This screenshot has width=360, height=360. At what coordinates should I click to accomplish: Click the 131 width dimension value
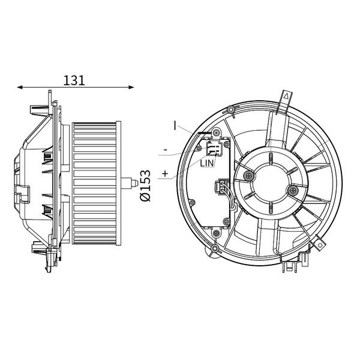click(74, 80)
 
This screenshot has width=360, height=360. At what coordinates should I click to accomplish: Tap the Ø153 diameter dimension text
click(145, 185)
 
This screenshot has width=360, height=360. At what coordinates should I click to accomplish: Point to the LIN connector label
click(207, 163)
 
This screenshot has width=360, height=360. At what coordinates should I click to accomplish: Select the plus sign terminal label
click(165, 173)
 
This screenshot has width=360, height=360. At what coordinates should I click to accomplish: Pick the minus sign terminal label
click(166, 150)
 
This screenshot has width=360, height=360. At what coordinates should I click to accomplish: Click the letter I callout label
click(175, 125)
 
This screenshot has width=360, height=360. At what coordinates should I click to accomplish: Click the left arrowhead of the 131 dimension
click(20, 87)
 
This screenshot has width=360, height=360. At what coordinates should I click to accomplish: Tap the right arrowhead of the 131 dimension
click(131, 87)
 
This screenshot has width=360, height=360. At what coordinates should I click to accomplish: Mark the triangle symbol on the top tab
click(286, 96)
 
